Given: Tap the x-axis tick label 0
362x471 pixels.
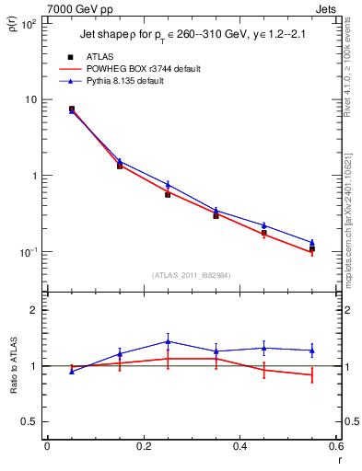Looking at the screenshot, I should point(47,446).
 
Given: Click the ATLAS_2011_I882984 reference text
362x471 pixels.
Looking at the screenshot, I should point(191,273).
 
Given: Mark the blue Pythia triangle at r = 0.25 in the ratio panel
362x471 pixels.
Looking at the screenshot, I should point(168,341).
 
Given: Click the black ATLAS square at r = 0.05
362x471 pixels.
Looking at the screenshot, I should point(72,109).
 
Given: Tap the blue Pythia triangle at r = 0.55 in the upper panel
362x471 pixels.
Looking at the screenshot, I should point(311,243).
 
